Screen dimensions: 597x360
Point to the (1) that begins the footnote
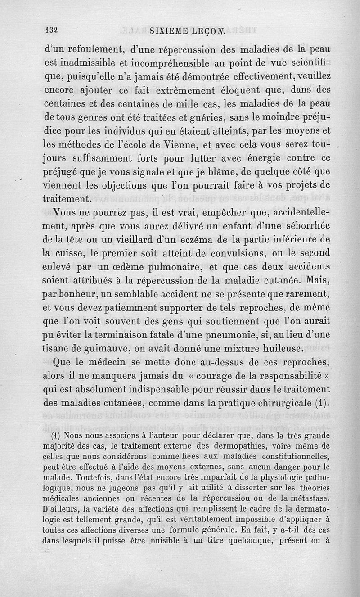tap(57, 436)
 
